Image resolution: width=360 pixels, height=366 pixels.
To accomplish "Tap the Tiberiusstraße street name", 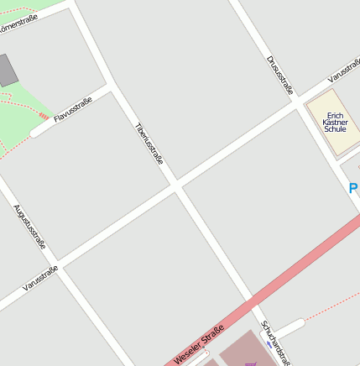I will (x=149, y=143).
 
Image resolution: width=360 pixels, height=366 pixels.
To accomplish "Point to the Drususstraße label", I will (x=280, y=75).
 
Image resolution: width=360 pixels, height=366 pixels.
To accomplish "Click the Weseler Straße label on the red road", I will (x=199, y=344).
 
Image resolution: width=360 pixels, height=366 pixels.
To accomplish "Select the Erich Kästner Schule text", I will (x=335, y=123).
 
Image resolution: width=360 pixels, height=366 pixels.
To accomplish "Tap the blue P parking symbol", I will (x=353, y=189).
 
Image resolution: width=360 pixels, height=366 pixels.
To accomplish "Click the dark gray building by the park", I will (x=7, y=71).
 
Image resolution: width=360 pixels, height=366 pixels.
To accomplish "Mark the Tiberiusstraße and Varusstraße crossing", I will (x=176, y=186).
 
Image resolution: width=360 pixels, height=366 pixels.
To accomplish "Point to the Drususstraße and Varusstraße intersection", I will (x=298, y=102).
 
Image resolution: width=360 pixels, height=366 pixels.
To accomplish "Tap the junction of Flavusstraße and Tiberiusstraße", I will (x=112, y=86).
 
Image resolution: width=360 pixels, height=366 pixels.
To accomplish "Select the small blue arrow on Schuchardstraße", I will (x=269, y=343).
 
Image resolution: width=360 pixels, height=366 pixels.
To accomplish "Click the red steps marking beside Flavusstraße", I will (x=43, y=115).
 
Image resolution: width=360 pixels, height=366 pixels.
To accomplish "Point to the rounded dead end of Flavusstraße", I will (x=36, y=132).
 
